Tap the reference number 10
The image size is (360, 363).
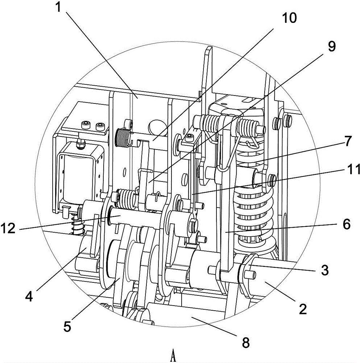click(289, 18)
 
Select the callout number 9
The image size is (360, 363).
click(331, 46)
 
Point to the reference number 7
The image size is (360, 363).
click(348, 141)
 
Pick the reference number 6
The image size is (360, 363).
click(346, 224)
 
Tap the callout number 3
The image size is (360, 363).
click(325, 269)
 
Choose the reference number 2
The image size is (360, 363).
click(302, 309)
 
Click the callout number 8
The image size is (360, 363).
click(246, 342)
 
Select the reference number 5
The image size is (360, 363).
click(67, 327)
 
